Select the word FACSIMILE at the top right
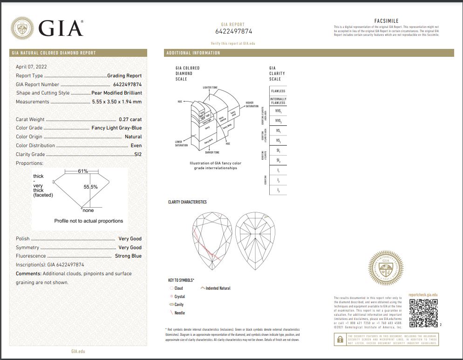point(386,21)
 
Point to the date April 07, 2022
point(31,67)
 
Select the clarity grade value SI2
point(137,154)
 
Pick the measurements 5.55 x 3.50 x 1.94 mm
point(116,102)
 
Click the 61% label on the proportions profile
point(83,171)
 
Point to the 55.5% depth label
point(90,187)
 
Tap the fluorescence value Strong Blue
point(128,256)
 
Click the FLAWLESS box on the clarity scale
point(278,91)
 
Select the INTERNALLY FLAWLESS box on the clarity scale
point(278,101)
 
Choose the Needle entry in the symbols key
point(179,313)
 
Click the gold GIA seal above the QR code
point(386,268)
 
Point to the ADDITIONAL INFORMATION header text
point(193,53)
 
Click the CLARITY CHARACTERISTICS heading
point(187,202)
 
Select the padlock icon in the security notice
point(339,340)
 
